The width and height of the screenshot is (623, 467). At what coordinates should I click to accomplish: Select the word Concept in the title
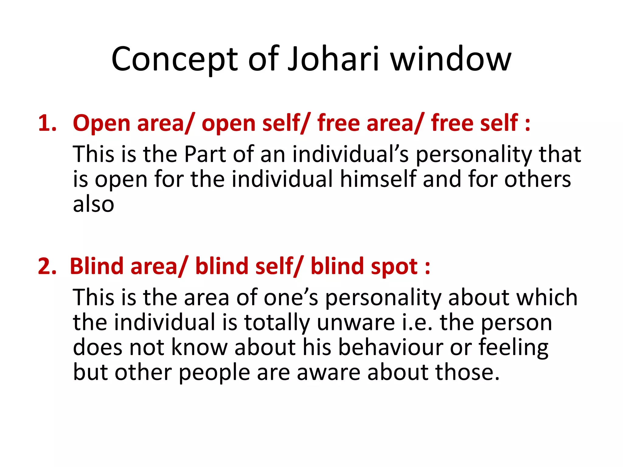tap(174, 60)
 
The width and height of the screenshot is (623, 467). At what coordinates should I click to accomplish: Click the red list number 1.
tap(47, 124)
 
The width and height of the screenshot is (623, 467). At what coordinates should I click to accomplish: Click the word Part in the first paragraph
tap(205, 154)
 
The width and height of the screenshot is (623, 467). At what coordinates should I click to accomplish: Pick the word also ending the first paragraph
tap(93, 204)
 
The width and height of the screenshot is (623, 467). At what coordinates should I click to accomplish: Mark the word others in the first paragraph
tap(538, 179)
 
